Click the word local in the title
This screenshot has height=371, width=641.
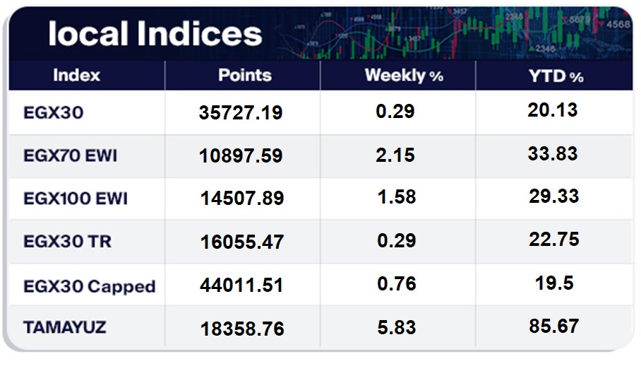(88, 34)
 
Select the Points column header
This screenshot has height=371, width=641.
(244, 76)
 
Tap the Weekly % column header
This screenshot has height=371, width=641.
(404, 76)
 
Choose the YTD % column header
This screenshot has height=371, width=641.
(556, 76)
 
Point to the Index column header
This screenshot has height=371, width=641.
(77, 76)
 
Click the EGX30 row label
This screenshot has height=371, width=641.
(53, 112)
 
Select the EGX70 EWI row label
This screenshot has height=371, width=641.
(70, 155)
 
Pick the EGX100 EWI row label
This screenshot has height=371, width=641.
(76, 199)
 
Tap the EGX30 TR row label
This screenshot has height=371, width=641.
(67, 242)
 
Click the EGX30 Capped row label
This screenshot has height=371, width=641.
(89, 286)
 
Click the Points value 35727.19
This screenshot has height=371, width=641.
(241, 113)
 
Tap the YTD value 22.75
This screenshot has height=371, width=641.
(554, 240)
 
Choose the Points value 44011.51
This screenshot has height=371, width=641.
(242, 285)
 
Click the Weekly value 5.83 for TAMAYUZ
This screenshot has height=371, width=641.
(396, 328)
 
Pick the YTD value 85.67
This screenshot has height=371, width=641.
(554, 326)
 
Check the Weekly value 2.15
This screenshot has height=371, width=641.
(395, 155)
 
